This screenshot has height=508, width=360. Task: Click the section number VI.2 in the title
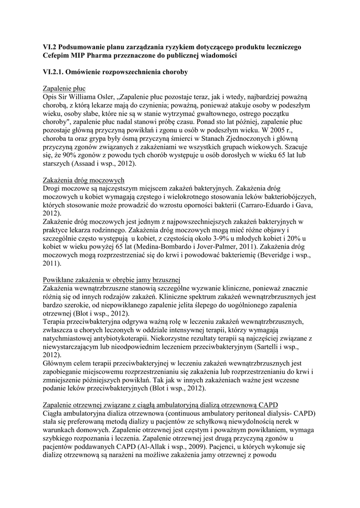[50, 47]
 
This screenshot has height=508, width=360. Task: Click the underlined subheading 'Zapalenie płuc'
[65, 88]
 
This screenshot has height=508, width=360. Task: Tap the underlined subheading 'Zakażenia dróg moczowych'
[84, 180]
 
